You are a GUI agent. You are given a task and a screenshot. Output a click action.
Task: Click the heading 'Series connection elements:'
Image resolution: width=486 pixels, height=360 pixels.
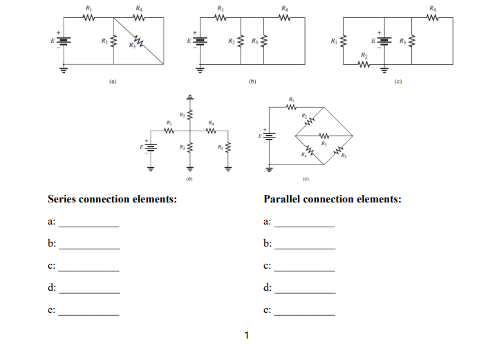coord(111,199)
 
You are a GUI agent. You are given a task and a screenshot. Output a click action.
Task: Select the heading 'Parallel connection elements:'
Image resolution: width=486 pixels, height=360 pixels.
coord(333,199)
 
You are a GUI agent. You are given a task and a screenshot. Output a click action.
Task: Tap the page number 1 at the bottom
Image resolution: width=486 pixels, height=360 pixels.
coord(246,337)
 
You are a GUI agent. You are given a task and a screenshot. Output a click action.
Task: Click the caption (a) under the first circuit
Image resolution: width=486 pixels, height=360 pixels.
coord(113,81)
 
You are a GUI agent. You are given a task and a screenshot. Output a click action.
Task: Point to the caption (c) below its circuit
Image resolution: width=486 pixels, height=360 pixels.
coord(398,81)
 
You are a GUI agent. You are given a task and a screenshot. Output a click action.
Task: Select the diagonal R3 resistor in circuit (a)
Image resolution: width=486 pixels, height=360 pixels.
coord(140,43)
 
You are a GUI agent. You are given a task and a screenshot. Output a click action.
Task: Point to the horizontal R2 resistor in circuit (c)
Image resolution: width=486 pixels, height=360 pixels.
coord(364,64)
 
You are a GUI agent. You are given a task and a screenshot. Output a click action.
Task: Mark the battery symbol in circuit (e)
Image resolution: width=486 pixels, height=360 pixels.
coord(269,136)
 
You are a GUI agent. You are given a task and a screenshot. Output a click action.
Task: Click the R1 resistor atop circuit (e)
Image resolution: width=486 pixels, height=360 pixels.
coord(292,107)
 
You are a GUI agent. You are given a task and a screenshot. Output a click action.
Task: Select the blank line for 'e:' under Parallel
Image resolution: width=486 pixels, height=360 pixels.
coord(304,314)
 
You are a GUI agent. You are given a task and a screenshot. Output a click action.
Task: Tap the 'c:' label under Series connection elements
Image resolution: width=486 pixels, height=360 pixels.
coord(51,265)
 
